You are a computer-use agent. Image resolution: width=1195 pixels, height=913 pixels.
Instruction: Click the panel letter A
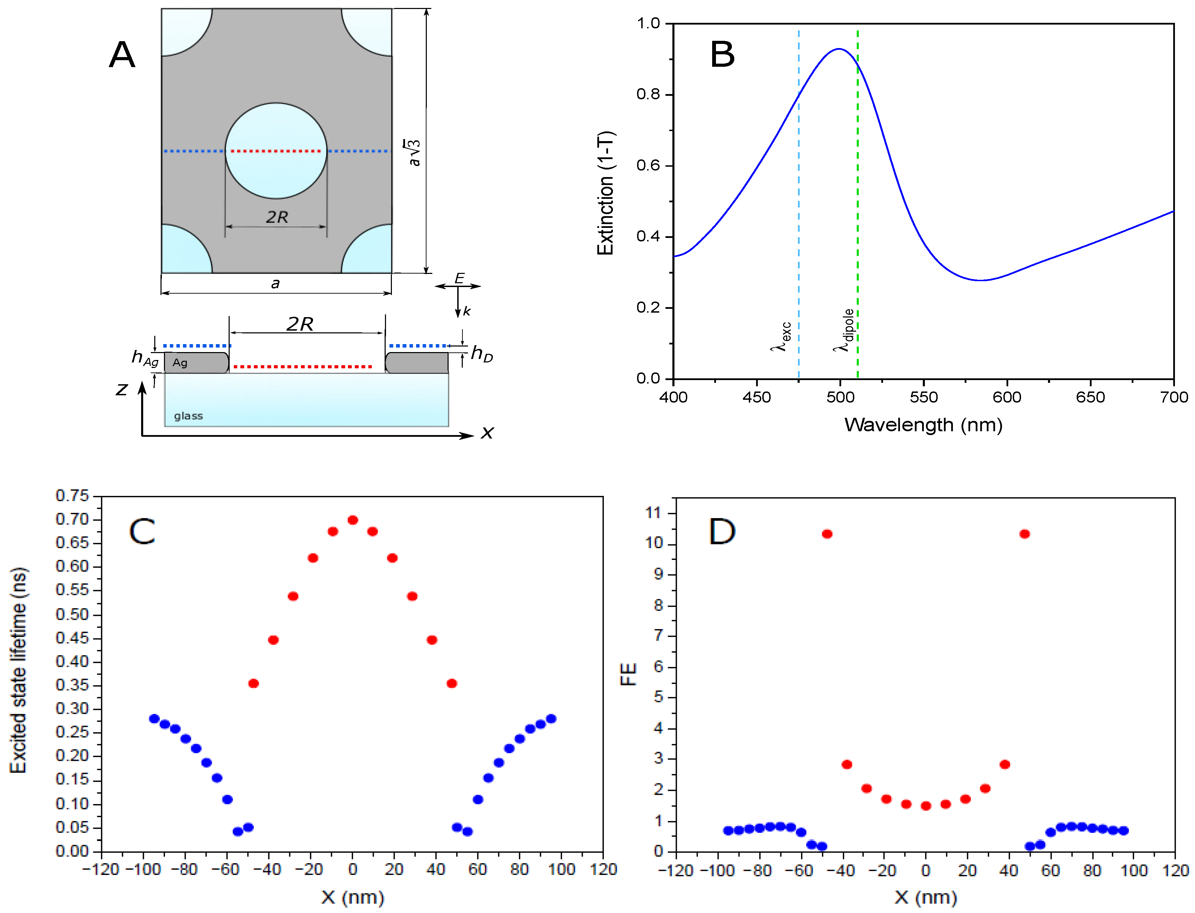122,55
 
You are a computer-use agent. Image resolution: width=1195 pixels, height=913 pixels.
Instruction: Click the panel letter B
722,55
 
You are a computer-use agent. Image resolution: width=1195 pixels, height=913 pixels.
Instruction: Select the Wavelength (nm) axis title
923,425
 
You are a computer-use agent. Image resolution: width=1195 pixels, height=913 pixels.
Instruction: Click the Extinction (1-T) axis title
605,193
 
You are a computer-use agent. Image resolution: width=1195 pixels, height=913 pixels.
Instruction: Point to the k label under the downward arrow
466,311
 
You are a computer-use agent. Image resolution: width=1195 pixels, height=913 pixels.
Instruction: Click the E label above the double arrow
459,278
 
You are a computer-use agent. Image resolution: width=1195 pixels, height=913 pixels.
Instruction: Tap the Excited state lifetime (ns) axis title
18,670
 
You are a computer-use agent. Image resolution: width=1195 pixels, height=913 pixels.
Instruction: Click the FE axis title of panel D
628,674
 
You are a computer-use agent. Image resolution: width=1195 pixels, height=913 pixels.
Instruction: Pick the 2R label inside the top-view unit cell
277,218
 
